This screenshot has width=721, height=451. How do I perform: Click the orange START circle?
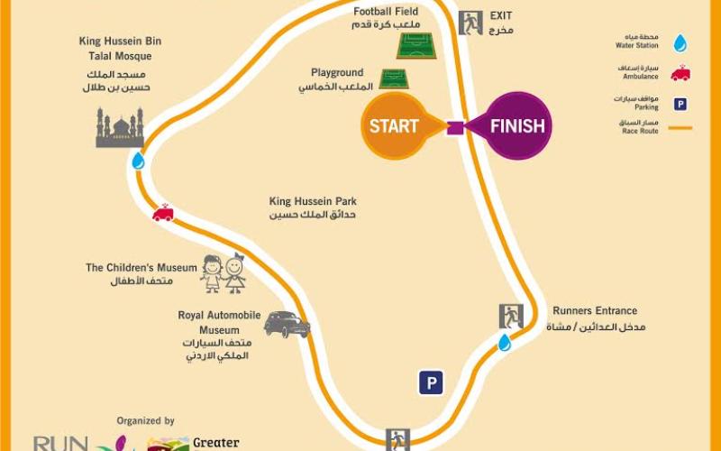pos(394,125)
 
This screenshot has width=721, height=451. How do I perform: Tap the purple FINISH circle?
pos(517,125)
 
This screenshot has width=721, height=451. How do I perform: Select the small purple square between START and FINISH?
pos(455,127)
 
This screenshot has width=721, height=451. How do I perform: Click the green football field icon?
pos(416,45)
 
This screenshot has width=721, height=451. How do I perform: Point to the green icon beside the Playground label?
pos(394,78)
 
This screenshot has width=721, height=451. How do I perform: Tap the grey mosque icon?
pos(120,128)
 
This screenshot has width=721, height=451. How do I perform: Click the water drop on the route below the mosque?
pos(138,161)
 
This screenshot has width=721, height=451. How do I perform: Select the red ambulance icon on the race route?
pos(163,213)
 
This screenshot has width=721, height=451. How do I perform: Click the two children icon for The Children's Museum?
pos(223,272)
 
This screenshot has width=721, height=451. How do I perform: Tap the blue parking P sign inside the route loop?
pos(431,383)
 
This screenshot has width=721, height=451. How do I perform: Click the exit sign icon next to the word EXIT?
pos(470,23)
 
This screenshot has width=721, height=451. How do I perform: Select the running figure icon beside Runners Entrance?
pos(511,317)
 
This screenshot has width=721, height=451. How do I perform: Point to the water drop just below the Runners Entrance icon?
pos(505,343)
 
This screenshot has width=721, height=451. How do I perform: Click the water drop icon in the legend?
pos(680,42)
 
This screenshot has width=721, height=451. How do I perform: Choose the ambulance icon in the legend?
pos(680,73)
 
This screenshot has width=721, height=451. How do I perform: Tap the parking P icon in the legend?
pos(680,104)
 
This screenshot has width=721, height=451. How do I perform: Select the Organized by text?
pos(145,420)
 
